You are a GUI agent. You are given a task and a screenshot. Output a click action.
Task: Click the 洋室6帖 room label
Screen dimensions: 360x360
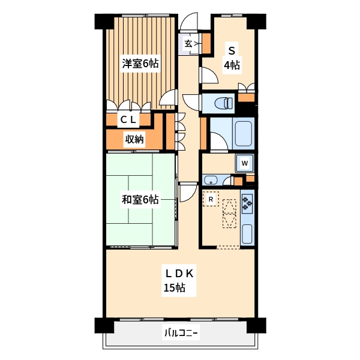pyautogui.click(x=140, y=63)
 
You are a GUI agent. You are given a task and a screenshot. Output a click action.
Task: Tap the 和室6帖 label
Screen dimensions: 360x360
pyautogui.click(x=140, y=200)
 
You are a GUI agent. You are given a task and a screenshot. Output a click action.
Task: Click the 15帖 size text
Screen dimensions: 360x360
pyautogui.click(x=174, y=288)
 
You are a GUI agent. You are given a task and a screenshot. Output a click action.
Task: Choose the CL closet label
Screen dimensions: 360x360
pyautogui.click(x=128, y=119)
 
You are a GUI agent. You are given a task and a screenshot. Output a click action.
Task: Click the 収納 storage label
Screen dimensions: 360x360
pyautogui.click(x=134, y=140)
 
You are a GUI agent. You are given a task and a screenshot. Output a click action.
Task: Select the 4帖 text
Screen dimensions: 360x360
pyautogui.click(x=232, y=65)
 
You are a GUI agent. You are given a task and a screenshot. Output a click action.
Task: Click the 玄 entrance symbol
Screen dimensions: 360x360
pyautogui.click(x=188, y=43)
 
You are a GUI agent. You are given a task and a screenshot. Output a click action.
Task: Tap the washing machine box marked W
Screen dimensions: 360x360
pyautogui.click(x=245, y=162)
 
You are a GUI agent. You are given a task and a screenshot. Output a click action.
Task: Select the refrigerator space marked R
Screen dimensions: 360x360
pyautogui.click(x=211, y=199)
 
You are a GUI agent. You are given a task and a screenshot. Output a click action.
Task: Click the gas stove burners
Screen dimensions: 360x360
pyautogui.click(x=247, y=204)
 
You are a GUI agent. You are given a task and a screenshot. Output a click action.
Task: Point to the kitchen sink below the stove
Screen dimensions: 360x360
pyautogui.click(x=247, y=233)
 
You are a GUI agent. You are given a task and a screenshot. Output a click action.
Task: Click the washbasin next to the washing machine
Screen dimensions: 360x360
pyautogui.click(x=211, y=179)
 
